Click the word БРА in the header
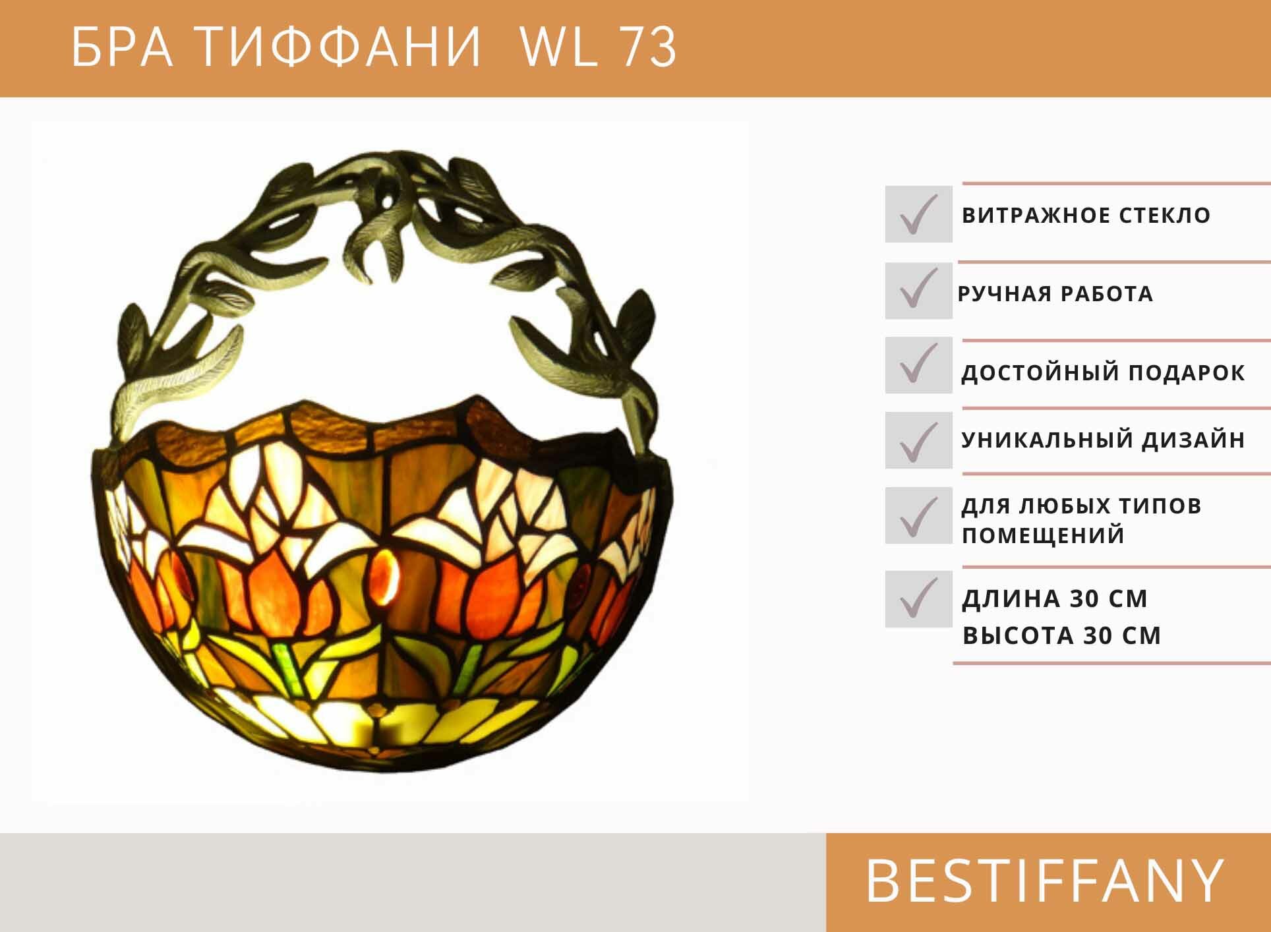122,47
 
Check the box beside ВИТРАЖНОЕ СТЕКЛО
918,214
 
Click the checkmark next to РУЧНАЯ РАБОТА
918,291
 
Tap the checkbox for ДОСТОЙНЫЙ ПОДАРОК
918,365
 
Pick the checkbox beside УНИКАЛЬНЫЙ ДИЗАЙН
918,440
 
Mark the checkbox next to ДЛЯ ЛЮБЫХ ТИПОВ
918,515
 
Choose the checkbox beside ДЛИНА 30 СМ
918,598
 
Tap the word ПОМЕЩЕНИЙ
1043,535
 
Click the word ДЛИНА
1011,598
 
